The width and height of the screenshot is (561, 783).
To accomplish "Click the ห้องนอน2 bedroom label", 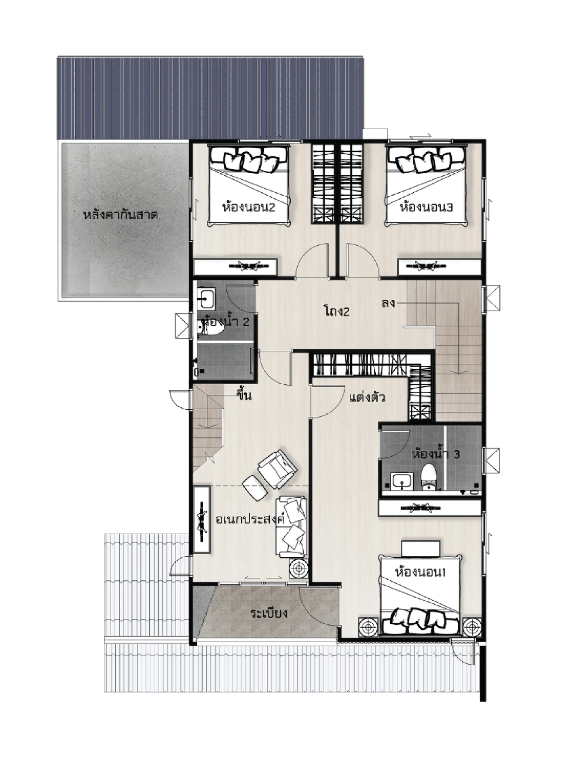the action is (x=249, y=207).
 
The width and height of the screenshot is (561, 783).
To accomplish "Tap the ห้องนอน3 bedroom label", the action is (x=426, y=207).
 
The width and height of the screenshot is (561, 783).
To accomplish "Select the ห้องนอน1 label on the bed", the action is (x=420, y=572).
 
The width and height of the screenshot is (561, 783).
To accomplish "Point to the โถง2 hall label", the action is (x=336, y=311).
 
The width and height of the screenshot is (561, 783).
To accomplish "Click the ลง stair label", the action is (x=388, y=303).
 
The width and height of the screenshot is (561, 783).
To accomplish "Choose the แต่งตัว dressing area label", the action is (x=367, y=397).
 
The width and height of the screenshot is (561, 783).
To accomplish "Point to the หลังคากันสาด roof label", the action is (x=120, y=215).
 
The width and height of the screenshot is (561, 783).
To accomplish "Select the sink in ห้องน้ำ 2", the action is (x=205, y=298).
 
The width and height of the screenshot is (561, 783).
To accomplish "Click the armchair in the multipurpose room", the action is (x=277, y=469).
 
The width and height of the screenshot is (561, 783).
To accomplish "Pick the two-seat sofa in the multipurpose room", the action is (x=291, y=527).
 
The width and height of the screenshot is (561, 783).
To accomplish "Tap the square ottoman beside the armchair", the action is (x=255, y=488).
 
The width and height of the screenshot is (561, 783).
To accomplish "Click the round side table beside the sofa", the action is (x=299, y=569).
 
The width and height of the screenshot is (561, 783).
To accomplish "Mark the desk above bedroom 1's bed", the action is (x=420, y=548).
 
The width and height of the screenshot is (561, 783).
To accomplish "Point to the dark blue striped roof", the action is (x=210, y=98).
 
